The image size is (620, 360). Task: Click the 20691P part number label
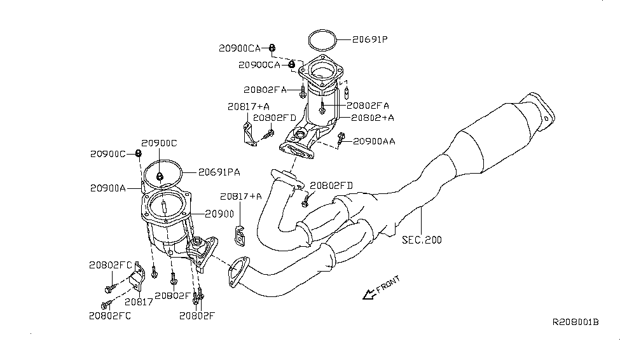pyautogui.click(x=370, y=39)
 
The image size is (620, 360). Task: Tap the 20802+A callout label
pyautogui.click(x=371, y=117)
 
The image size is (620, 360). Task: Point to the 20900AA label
pyautogui.click(x=374, y=141)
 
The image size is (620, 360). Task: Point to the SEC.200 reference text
pyautogui.click(x=422, y=240)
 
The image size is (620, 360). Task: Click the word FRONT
pyautogui.click(x=388, y=285)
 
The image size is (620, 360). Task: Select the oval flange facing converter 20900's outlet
pyautogui.click(x=238, y=269)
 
